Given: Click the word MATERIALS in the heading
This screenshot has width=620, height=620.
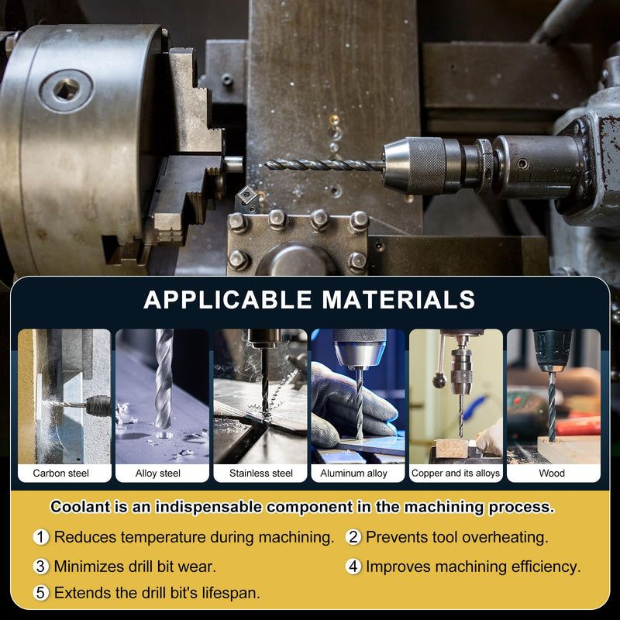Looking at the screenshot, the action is (x=398, y=299).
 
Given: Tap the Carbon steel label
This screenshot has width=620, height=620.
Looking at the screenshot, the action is (x=61, y=473).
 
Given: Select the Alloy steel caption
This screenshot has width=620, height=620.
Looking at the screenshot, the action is (x=158, y=473).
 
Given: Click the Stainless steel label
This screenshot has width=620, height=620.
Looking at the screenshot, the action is (x=261, y=473).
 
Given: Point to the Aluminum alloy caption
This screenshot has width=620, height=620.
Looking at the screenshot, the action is (x=353, y=473).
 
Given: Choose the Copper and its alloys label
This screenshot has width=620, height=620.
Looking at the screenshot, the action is (x=456, y=473).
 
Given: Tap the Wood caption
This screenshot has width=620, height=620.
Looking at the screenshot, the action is (x=552, y=473).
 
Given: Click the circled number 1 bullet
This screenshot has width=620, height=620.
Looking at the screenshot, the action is (x=41, y=537).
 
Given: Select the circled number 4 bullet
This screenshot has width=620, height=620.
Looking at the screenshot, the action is (x=353, y=567).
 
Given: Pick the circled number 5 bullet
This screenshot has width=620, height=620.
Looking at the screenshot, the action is (x=41, y=593).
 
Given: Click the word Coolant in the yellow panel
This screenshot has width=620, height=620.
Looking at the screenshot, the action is (x=81, y=507).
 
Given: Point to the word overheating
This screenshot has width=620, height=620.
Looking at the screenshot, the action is (x=505, y=537).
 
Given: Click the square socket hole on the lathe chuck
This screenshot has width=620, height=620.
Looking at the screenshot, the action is (x=67, y=90).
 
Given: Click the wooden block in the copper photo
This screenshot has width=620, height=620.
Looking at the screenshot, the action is (x=452, y=448).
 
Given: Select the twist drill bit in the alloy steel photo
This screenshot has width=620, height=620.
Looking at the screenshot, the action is (x=164, y=381).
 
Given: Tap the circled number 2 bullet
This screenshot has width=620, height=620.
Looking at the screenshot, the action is (x=353, y=537).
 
